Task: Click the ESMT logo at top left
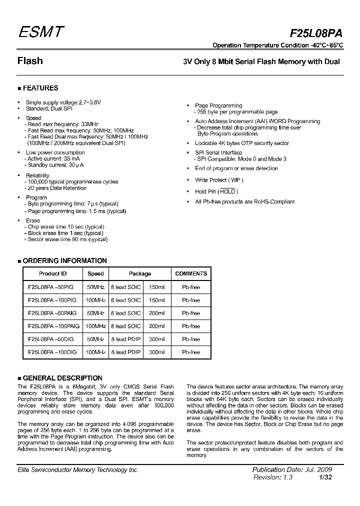(x=41, y=32)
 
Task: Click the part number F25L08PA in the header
(x=316, y=33)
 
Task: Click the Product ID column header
(x=52, y=274)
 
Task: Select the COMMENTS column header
(x=191, y=274)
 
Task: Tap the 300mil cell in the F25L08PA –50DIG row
(x=156, y=339)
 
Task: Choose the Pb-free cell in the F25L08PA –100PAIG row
(x=191, y=326)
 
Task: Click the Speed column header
(x=95, y=274)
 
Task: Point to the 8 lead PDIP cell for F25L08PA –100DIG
(x=125, y=352)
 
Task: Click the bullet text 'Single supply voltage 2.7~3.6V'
(x=63, y=102)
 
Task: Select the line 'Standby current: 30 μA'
(x=55, y=164)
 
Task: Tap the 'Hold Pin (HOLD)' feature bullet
(x=216, y=191)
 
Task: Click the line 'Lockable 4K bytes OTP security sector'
(x=241, y=143)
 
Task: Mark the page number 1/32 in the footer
(x=325, y=477)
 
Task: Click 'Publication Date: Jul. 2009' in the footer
(x=292, y=470)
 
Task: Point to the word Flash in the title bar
(x=30, y=61)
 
